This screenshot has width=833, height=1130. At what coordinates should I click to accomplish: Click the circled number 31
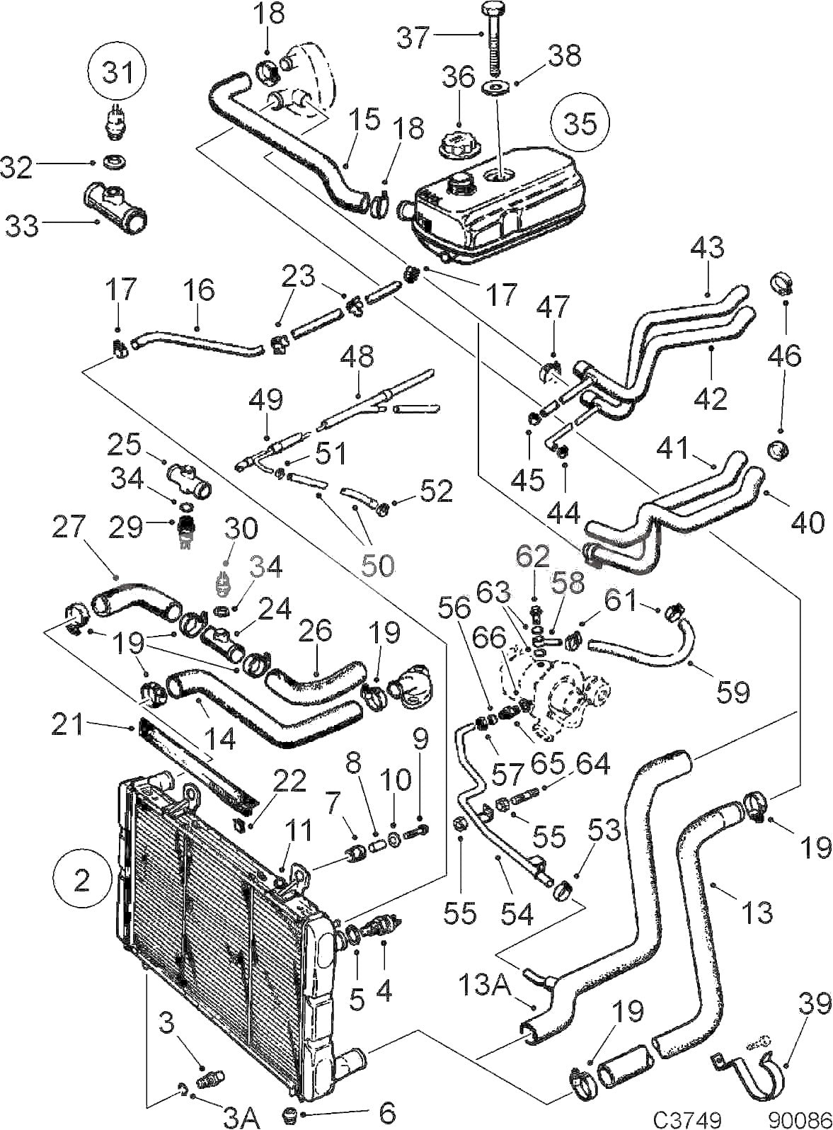pos(117,72)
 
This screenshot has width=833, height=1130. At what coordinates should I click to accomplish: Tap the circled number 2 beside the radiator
pos(81,880)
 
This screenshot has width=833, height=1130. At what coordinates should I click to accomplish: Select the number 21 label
pos(69,724)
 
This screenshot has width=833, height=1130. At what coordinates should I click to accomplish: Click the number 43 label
pos(707,248)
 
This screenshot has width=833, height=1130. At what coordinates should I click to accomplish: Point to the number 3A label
pos(241,1118)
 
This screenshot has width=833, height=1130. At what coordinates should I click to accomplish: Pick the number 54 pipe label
pos(517,913)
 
